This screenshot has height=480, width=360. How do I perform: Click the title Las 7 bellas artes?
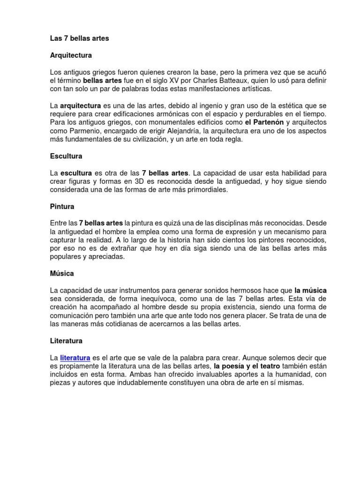pyautogui.click(x=79, y=38)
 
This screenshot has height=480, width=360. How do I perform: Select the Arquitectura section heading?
pyautogui.click(x=71, y=55)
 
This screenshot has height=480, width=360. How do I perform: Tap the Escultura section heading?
pyautogui.click(x=66, y=156)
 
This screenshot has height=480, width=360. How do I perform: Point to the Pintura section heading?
pyautogui.click(x=62, y=206)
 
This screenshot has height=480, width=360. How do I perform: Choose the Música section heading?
pyautogui.click(x=62, y=273)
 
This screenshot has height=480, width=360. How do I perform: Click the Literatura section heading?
pyautogui.click(x=66, y=340)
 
